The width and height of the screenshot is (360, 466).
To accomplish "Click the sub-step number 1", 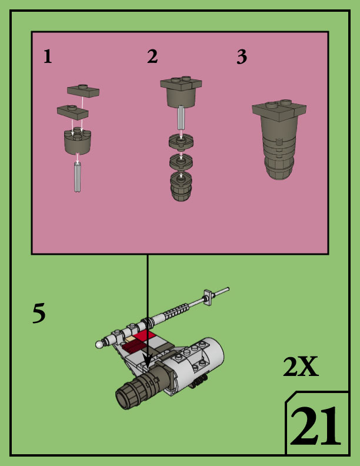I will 48,57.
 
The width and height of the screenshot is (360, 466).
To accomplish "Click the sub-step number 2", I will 152,57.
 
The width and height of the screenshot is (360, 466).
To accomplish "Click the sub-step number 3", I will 241,57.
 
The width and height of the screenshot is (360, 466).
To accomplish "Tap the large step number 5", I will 39,314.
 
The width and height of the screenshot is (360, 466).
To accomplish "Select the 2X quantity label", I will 300,368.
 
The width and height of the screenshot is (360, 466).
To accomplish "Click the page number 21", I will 315,427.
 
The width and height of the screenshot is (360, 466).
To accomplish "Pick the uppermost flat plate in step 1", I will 84,90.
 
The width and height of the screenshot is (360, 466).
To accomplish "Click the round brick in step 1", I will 78,141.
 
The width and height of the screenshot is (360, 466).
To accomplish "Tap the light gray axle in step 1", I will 78,178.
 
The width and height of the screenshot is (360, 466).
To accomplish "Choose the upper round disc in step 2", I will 182,142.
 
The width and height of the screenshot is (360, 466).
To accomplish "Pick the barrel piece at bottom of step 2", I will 182,187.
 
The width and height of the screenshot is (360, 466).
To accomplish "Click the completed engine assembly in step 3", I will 279,138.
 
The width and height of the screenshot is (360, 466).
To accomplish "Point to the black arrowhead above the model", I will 148,358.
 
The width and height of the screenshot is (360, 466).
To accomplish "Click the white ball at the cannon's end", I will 99,345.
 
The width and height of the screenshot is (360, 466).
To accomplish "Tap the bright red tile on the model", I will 144,335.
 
